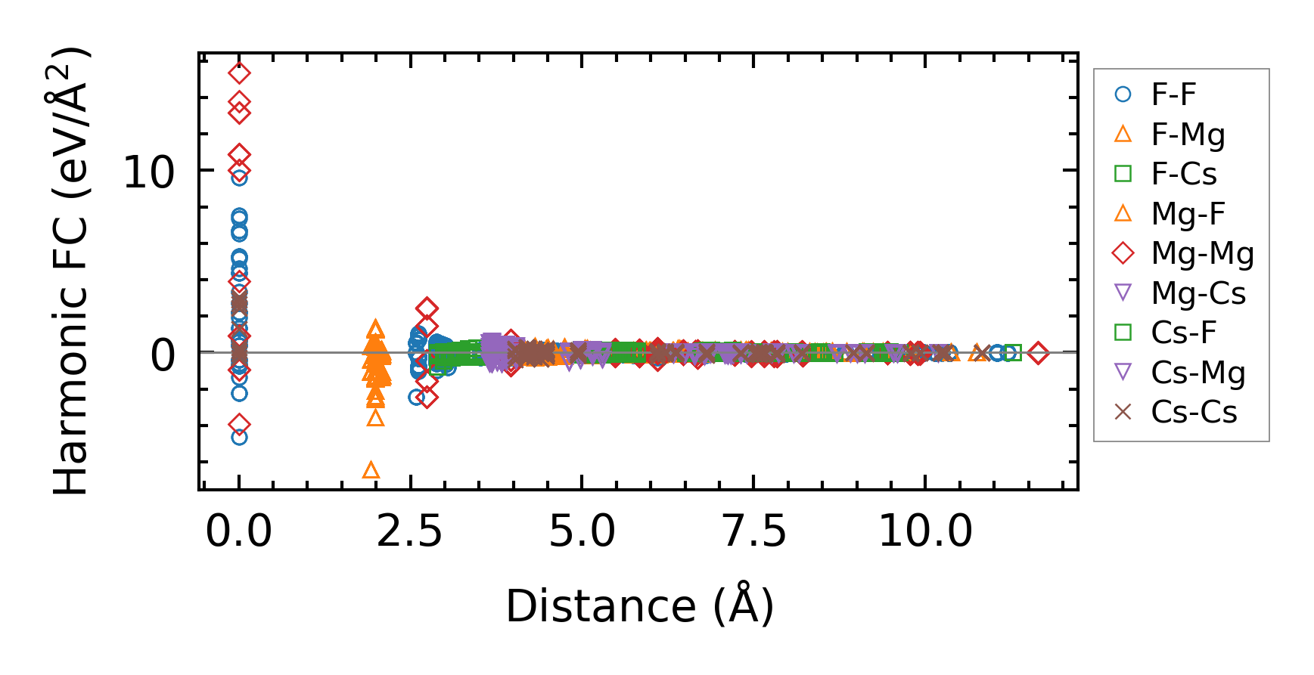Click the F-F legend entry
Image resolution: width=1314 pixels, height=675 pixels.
1173,94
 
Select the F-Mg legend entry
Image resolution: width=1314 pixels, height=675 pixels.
1187,135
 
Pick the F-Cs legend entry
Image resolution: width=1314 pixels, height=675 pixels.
1183,174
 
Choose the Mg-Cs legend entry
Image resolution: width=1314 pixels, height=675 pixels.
1198,293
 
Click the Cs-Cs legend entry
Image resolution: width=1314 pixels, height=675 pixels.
1194,412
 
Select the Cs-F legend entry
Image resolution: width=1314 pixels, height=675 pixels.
1183,333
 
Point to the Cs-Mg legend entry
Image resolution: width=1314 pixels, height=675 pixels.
1198,373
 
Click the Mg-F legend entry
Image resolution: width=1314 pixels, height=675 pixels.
1187,214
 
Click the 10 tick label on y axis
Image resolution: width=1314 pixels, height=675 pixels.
148,172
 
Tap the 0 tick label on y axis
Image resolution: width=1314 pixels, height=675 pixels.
163,355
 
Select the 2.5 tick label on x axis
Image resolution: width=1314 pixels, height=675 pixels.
409,531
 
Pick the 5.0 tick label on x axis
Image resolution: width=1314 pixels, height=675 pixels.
581,531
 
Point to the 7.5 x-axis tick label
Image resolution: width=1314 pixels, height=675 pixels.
753,531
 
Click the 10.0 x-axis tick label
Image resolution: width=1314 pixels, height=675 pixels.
924,531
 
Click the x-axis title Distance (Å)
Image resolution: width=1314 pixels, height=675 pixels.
639,606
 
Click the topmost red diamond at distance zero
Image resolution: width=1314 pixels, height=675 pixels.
239,73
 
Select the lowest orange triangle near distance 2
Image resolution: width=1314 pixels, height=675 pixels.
371,471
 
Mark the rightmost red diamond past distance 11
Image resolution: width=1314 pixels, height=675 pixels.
1038,352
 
